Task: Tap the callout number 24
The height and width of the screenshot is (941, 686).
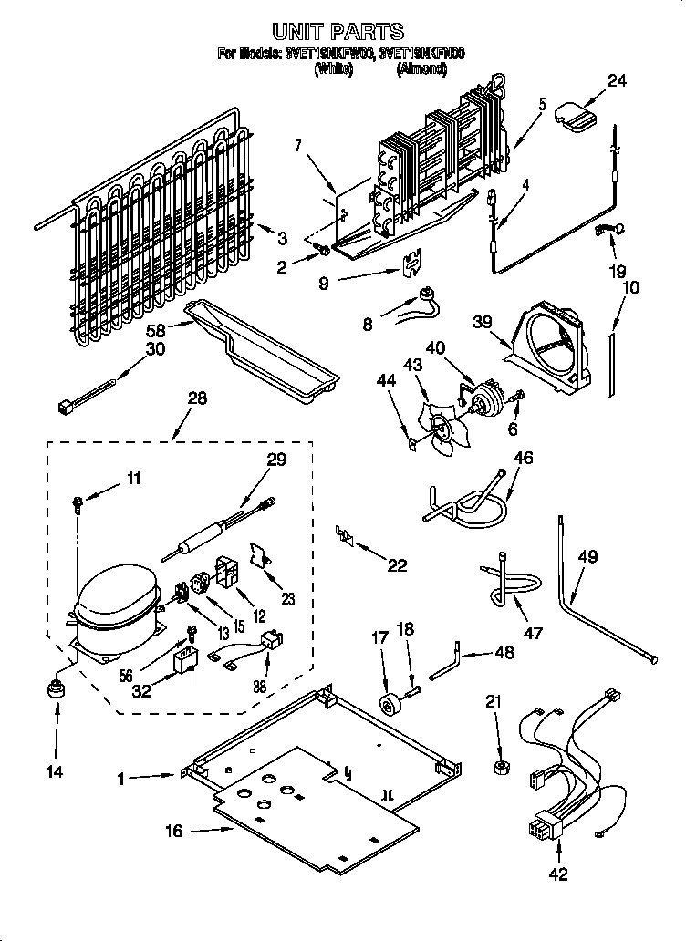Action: tap(618, 80)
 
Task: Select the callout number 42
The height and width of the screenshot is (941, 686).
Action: tap(558, 874)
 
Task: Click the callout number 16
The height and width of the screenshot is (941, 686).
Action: tap(174, 831)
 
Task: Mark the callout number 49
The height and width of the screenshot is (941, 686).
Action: tap(587, 556)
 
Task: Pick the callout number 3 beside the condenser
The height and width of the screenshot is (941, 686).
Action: tap(282, 239)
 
